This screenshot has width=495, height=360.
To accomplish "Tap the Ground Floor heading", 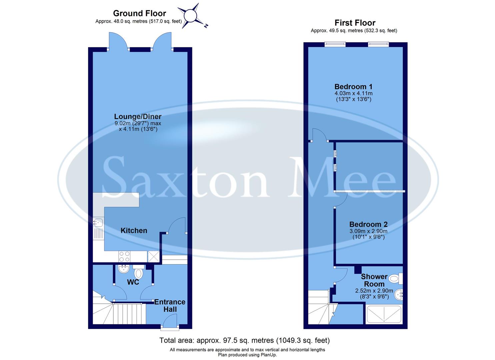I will click(139, 13).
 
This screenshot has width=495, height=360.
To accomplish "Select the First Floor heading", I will click(355, 23).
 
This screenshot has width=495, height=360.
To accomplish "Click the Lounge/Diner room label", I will click(138, 117).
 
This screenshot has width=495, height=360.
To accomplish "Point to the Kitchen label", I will click(134, 230).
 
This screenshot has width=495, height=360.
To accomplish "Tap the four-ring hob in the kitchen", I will click(124, 256).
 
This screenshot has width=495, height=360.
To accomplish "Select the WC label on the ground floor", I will click(133, 282).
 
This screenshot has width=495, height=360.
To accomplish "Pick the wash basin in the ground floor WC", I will click(123, 268).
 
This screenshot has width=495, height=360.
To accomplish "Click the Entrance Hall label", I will click(170, 305).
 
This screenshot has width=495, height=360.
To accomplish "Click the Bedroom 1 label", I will click(353, 87).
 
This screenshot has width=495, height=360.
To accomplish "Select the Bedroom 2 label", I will click(368, 224).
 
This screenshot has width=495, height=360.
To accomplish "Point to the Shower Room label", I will click(374, 280).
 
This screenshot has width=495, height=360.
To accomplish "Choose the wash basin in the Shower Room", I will click(398, 294).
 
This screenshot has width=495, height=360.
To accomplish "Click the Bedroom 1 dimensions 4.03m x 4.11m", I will click(353, 93).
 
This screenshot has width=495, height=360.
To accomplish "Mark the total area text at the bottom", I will click(244, 340).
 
